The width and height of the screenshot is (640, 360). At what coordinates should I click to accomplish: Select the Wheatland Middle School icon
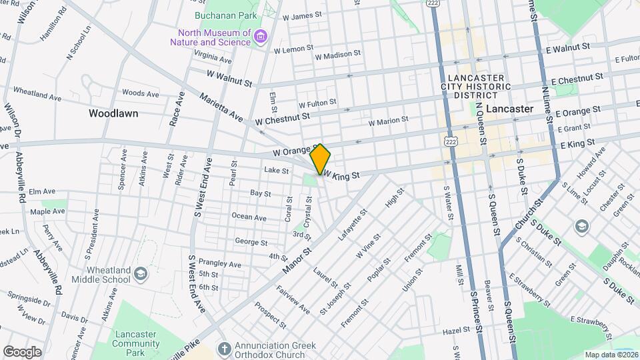pyautogui.click(x=140, y=273)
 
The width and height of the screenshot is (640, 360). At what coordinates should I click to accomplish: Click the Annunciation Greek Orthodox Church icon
pyautogui.click(x=225, y=348)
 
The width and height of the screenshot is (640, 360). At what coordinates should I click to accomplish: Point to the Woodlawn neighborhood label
pyautogui.click(x=113, y=113)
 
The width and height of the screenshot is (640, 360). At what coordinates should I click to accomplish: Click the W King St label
pyautogui.click(x=341, y=175)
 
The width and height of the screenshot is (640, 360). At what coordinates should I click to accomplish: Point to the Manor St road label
pyautogui.click(x=297, y=259)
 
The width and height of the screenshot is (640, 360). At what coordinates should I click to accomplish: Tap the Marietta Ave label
pyautogui.click(x=221, y=107)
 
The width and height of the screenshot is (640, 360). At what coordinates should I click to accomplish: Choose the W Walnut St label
pyautogui.click(x=229, y=79)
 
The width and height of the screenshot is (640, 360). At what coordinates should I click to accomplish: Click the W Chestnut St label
pyautogui.click(x=283, y=119)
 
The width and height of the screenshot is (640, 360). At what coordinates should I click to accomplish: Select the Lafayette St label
pyautogui.click(x=354, y=226)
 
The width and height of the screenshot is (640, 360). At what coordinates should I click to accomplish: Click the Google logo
pyautogui.click(x=22, y=351)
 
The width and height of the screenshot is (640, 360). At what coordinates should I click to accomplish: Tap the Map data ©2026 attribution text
pyautogui.click(x=611, y=355)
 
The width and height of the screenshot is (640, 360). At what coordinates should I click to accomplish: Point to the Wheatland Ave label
pyautogui.click(x=37, y=94)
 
